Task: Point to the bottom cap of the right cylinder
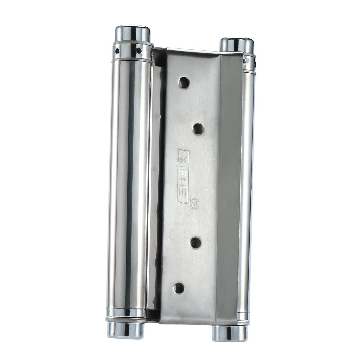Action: [229, 332]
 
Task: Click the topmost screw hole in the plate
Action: [184, 83]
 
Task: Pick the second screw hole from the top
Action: [198, 129]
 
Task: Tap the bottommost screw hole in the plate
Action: [179, 288]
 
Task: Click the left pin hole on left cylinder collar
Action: [116, 51]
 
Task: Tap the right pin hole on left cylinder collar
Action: [139, 51]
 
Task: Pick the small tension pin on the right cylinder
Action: [245, 60]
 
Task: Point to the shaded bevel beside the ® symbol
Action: [226, 203]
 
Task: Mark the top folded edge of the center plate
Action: [197, 53]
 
